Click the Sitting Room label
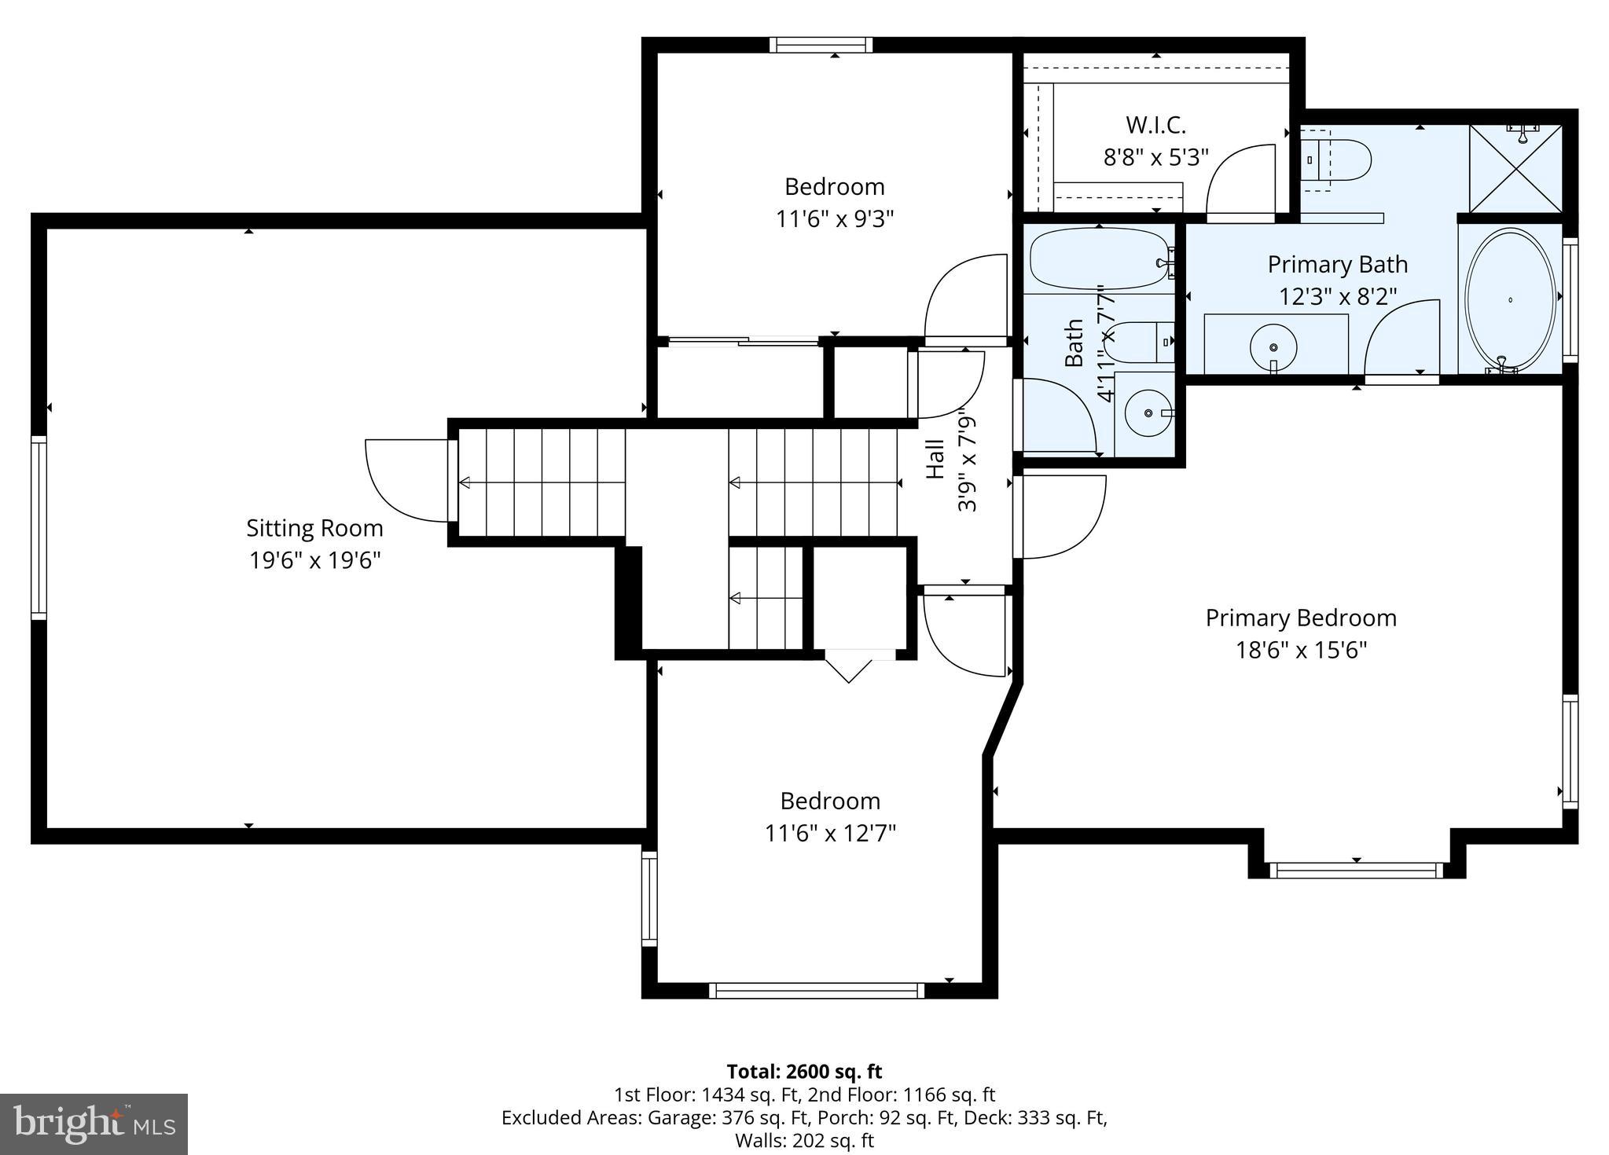click(x=314, y=528)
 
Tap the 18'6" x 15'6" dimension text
click(x=1301, y=651)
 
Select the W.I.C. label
click(x=1155, y=125)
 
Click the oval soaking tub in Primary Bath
click(x=1510, y=299)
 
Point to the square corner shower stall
click(x=1515, y=168)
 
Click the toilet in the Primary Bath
click(x=1336, y=160)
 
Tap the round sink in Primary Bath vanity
click(x=1273, y=347)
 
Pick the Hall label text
click(x=935, y=458)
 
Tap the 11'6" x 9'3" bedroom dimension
click(x=835, y=218)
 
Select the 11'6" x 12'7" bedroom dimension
click(x=830, y=833)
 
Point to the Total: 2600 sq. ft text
click(x=804, y=1072)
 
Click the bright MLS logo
click(x=94, y=1124)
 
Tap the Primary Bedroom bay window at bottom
click(x=1357, y=870)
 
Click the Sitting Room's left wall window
click(x=39, y=527)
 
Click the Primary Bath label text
click(x=1337, y=265)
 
